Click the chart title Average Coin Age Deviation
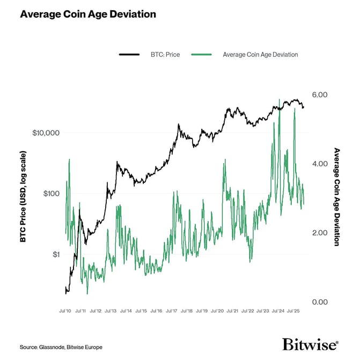pos(88,14)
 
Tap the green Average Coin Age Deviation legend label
pos(260,55)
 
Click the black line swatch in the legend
pos(129,55)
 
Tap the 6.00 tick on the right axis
pos(320,94)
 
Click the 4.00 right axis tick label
pos(320,164)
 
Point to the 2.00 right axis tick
pos(320,233)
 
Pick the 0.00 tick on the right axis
pos(320,302)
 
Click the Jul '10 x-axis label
pos(66,310)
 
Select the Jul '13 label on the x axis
pos(112,310)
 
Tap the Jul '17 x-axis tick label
pos(172,310)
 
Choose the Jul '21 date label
pos(233,310)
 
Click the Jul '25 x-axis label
pos(293,310)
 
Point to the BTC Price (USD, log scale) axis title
pos(23,196)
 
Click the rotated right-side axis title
pos(337,197)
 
